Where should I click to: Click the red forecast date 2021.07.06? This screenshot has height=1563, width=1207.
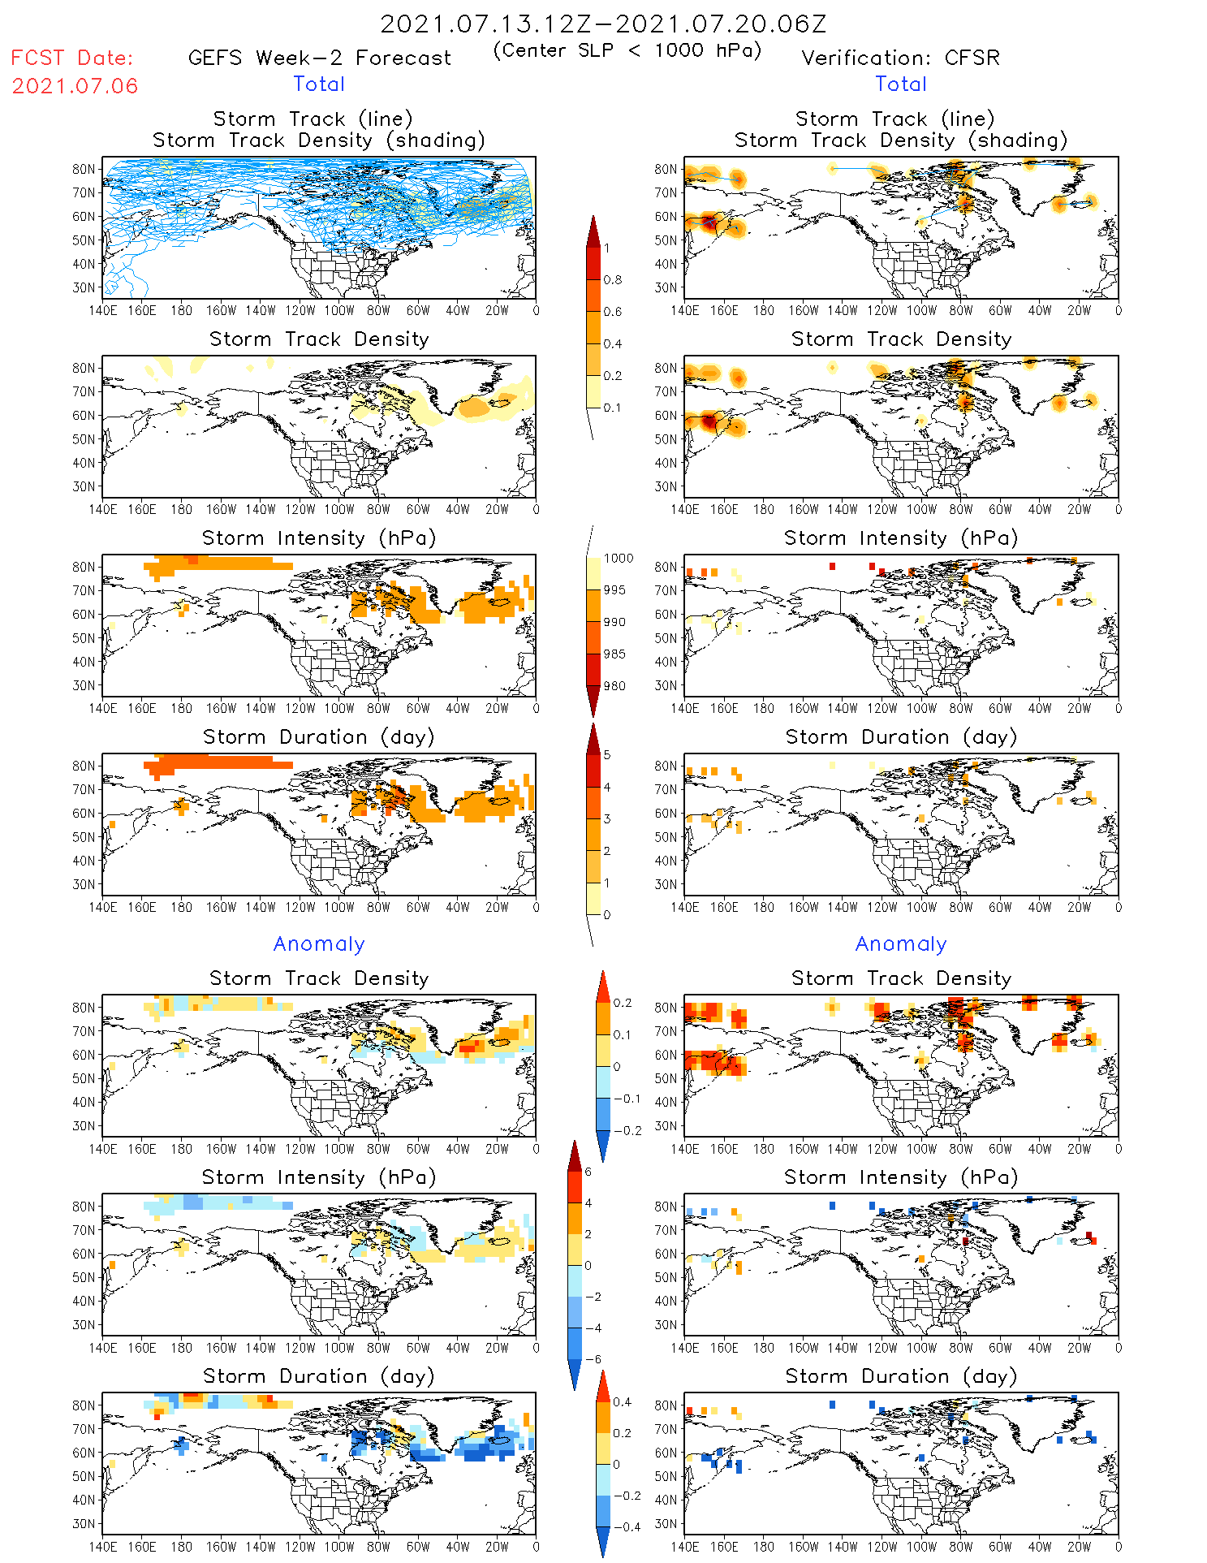pos(75,86)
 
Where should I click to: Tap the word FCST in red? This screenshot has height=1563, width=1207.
pos(37,58)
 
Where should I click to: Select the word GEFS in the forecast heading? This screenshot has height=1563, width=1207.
pos(215,58)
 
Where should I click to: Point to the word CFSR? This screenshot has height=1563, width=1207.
pos(972,58)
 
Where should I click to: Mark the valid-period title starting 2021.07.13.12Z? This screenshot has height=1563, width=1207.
pos(603,24)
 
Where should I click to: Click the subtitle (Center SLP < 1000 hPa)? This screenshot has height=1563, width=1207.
pos(627,50)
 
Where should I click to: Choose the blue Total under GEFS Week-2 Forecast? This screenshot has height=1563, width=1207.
pos(319,84)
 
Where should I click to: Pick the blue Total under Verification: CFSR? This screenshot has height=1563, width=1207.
pos(901,84)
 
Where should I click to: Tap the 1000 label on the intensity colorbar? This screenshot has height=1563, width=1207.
pos(619,559)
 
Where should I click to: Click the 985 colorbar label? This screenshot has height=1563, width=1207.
pos(614,654)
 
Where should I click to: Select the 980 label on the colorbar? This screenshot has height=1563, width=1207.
pos(614,686)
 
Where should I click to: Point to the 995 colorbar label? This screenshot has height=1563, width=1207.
pos(614,590)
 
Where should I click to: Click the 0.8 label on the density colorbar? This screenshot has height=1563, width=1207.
pos(613,280)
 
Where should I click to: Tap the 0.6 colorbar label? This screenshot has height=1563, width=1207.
pos(613,312)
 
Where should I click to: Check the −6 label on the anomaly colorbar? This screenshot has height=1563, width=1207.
pos(593,1359)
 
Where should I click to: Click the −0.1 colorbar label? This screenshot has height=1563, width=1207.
pos(627,1099)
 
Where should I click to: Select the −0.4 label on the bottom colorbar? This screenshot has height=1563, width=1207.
pos(622,1526)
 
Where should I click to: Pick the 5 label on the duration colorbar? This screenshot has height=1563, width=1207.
pos(607,755)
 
